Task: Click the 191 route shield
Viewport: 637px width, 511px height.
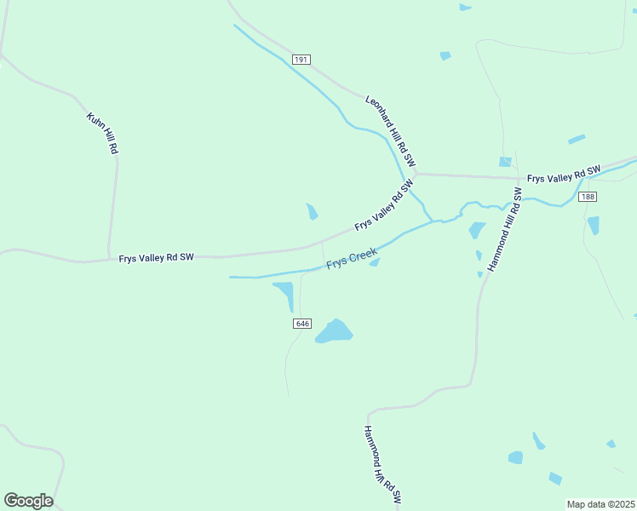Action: (x=301, y=60)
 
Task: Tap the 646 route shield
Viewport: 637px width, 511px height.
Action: (x=303, y=324)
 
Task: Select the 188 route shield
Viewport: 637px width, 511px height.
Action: (x=588, y=197)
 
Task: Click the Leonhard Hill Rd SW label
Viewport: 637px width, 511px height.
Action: (x=391, y=130)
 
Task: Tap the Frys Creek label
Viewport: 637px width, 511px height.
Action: (x=352, y=259)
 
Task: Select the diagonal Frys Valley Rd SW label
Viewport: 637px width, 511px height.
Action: (x=384, y=205)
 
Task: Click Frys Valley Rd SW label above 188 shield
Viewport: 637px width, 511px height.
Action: (x=564, y=174)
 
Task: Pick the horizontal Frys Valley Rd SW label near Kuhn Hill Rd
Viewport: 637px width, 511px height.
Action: (x=157, y=256)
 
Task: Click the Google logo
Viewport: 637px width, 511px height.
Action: (x=28, y=501)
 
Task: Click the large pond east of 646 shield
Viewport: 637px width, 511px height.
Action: (x=334, y=331)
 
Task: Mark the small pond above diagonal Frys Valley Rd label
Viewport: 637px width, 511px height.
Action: (x=313, y=210)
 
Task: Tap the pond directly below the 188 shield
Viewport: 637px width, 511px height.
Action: (x=594, y=225)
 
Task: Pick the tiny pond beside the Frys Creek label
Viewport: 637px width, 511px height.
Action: (x=374, y=262)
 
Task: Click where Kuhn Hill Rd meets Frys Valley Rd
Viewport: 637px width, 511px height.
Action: (x=108, y=257)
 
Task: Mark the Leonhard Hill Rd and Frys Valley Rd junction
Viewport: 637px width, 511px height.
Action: (x=416, y=174)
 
